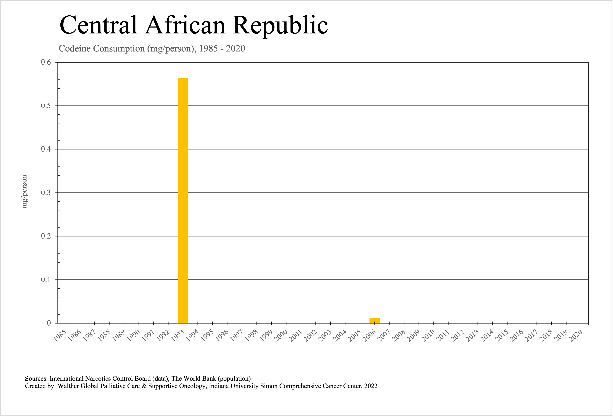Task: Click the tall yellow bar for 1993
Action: [183, 201]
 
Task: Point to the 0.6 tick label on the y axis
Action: [46, 62]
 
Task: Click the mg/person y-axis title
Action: [24, 192]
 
